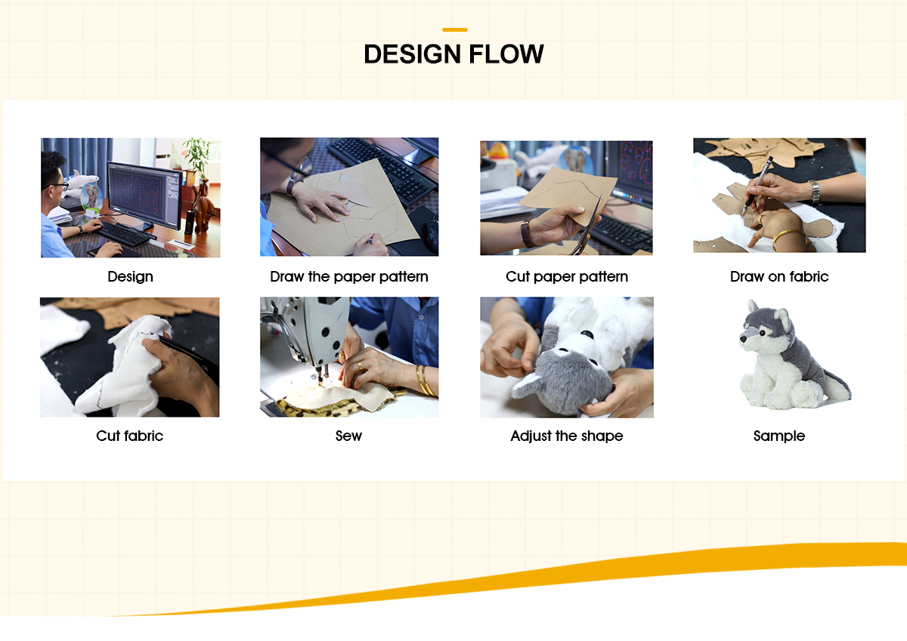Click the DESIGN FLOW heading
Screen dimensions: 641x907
[453, 54]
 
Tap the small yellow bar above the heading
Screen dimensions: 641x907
[454, 30]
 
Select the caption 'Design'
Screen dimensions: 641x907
[130, 277]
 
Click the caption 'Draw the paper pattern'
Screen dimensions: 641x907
[348, 277]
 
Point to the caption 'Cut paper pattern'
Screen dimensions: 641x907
[566, 277]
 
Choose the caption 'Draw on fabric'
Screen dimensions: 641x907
[779, 277]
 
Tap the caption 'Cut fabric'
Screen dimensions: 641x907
[129, 436]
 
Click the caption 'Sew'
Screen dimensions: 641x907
[348, 436]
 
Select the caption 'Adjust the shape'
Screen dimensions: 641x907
[566, 436]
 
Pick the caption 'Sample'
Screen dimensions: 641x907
[779, 436]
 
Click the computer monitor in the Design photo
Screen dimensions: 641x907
[144, 195]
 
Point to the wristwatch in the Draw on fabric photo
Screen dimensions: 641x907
[814, 192]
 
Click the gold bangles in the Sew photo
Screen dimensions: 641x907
[425, 381]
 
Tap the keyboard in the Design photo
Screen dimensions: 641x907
[125, 234]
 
